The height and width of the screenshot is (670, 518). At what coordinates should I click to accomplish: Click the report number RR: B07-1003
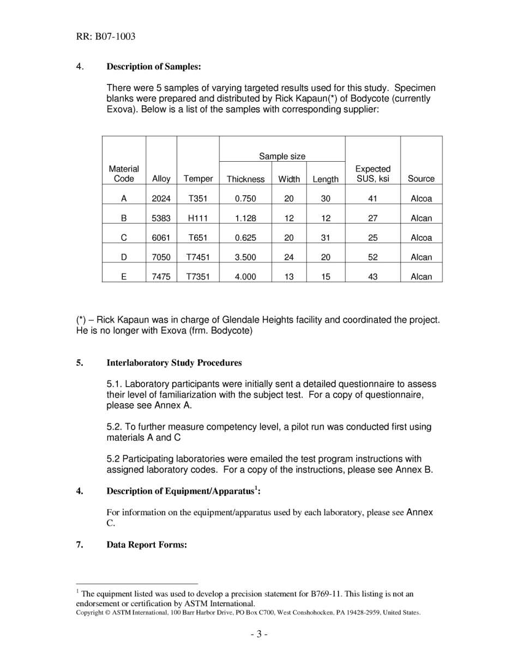point(106,37)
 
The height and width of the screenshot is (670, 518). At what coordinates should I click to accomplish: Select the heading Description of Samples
point(154,66)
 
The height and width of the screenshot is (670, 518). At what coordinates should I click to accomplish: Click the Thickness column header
point(245,179)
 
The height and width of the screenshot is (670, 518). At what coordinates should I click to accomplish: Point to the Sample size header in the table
point(282,156)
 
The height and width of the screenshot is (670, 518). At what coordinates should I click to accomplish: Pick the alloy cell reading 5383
point(161,218)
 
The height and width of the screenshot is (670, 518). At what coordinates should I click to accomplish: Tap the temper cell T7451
point(198,257)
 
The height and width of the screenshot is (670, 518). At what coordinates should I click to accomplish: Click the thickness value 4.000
point(245,277)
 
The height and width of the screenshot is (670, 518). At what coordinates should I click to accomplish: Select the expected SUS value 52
point(372,257)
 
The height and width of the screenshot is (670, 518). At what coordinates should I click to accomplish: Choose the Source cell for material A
point(421,199)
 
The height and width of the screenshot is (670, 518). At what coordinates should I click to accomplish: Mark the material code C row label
point(124,237)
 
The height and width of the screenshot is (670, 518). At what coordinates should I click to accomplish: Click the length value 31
point(326,237)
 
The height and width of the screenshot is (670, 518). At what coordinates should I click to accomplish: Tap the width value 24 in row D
point(289,257)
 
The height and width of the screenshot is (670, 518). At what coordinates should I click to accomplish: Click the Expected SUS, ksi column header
point(372,174)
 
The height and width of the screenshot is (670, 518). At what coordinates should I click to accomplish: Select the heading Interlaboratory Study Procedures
point(174,363)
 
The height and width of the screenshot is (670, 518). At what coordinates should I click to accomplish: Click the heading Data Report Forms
point(147,545)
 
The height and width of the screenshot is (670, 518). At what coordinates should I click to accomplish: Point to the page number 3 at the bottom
point(259,634)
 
